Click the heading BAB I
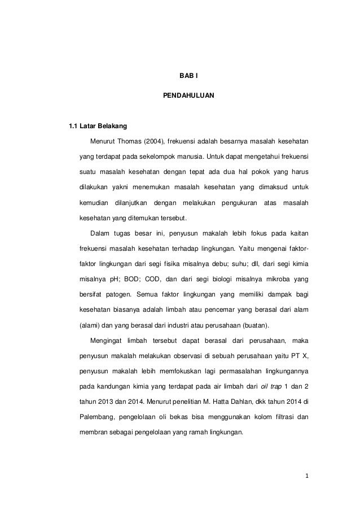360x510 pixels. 180,75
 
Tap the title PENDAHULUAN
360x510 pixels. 180,97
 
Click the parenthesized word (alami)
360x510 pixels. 89,325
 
